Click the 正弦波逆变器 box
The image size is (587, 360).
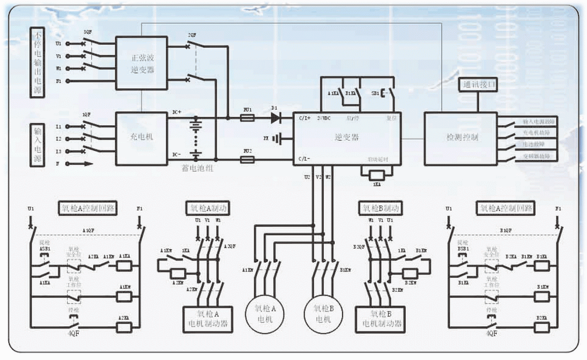(141, 63)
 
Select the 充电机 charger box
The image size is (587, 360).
(141, 139)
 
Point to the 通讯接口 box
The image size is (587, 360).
(479, 84)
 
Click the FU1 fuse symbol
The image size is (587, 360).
(247, 117)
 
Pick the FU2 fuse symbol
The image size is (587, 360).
(247, 158)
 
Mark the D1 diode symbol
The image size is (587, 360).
(275, 117)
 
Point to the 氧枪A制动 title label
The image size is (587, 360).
(206, 207)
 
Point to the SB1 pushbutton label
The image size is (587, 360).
(376, 93)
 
